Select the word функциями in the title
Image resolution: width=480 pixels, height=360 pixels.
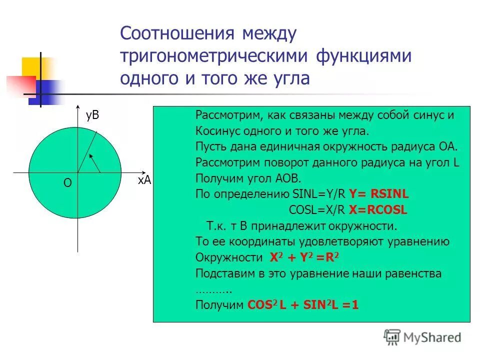coord(363,56)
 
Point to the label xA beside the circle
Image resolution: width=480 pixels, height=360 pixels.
coord(144,181)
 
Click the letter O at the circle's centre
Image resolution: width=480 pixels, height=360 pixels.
coord(67,183)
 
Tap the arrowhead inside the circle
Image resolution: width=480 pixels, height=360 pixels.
coord(91,157)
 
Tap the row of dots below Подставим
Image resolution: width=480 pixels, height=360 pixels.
coord(213,290)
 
